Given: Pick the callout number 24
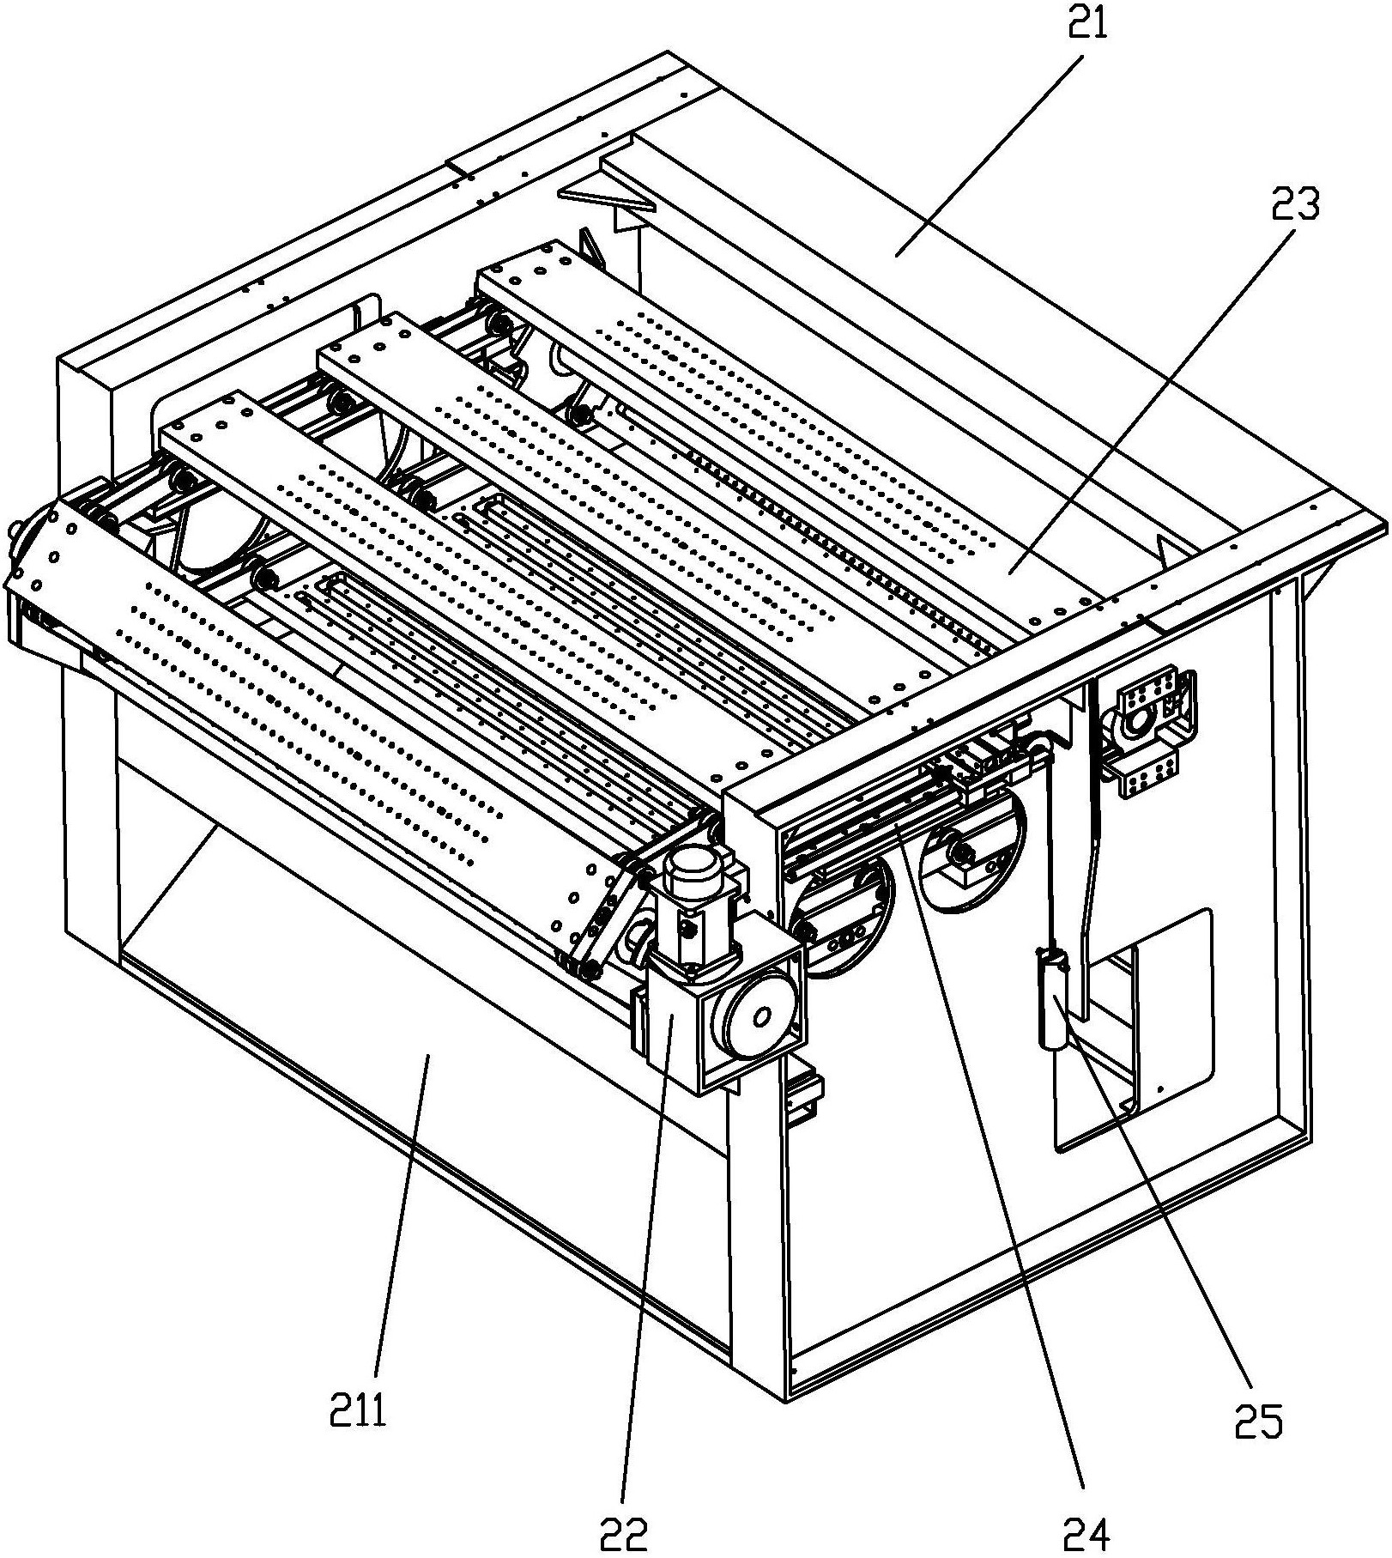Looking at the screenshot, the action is pos(1087,1532).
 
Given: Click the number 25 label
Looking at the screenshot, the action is pos(1259,1421).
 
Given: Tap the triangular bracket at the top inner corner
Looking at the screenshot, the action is pos(607,198).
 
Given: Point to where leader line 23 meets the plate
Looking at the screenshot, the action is pos(1009,571).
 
